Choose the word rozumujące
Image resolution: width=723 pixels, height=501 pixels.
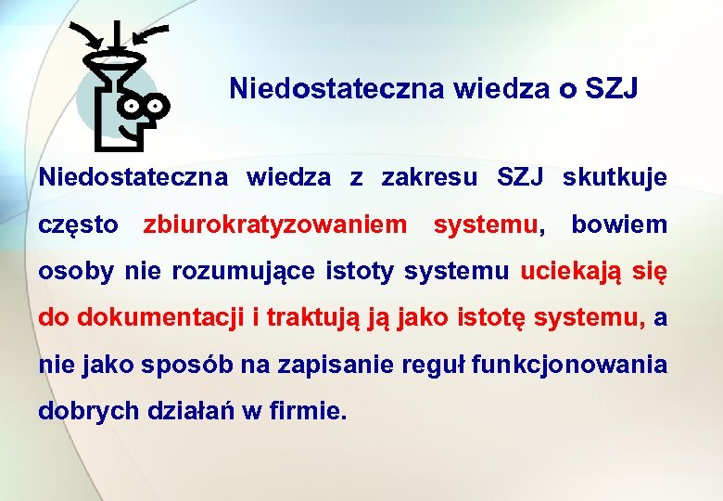[247, 271]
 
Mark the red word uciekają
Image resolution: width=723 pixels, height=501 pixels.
[562, 271]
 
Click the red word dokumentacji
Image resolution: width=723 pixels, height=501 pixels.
[162, 318]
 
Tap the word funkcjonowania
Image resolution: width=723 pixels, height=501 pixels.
[569, 365]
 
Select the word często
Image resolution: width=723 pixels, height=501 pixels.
[78, 225]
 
